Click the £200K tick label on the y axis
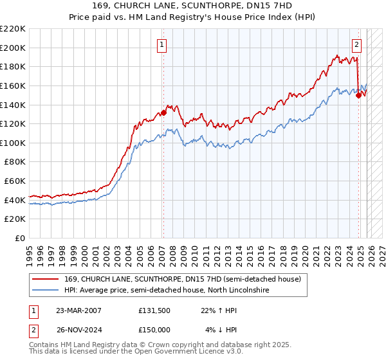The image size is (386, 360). click(13, 48)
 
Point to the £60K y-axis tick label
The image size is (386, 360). click(15, 181)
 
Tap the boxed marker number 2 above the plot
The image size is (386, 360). click(356, 44)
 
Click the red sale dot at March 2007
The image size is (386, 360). click(163, 113)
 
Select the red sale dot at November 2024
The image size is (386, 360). click(358, 95)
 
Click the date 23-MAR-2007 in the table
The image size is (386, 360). click(79, 310)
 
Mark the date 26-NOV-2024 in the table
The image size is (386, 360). click(79, 330)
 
